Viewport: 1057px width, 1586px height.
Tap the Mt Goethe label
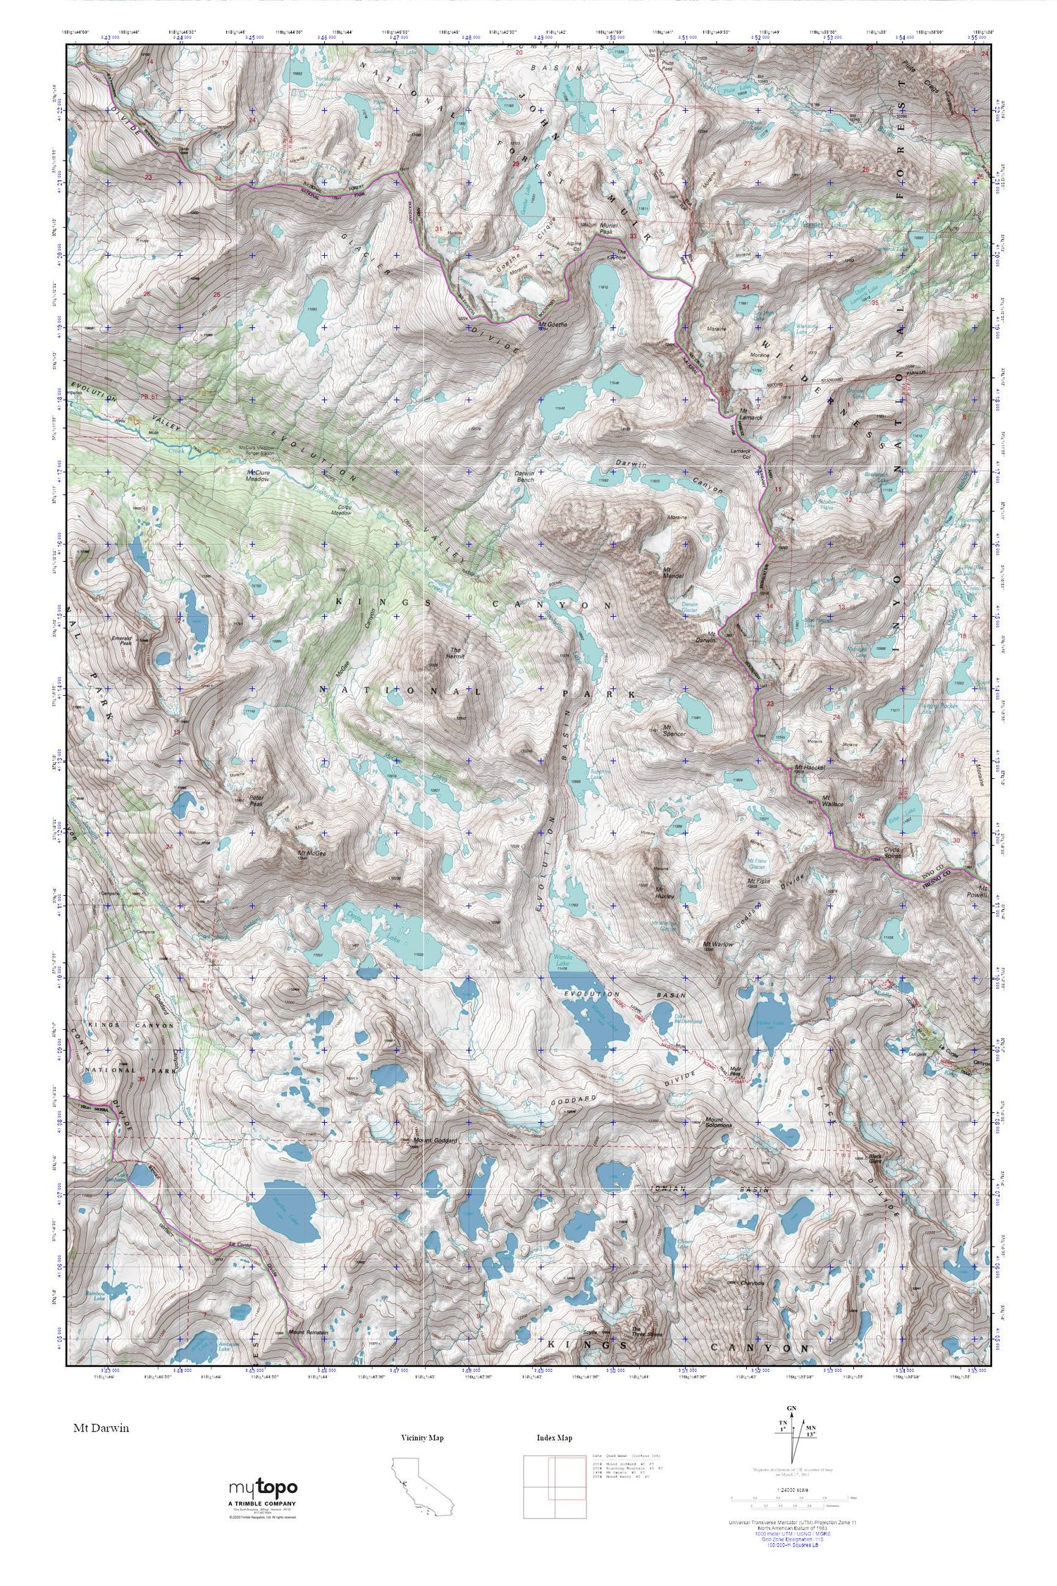pos(552,326)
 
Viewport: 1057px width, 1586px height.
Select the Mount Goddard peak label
pos(437,1140)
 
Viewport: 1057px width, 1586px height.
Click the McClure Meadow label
pos(258,476)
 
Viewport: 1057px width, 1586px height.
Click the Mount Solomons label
pos(715,1124)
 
